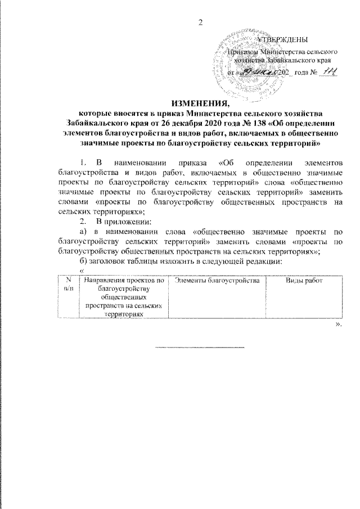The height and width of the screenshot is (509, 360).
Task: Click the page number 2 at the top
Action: (200, 22)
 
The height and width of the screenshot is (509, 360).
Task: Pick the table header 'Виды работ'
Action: (304, 280)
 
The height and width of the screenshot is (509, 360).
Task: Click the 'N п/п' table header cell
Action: (69, 284)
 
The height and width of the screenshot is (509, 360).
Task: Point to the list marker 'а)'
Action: (83, 231)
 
